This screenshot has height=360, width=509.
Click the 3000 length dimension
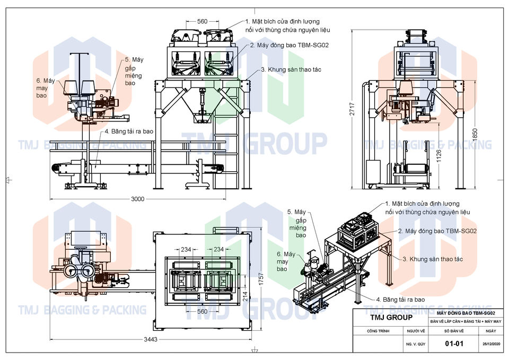tap(138, 199)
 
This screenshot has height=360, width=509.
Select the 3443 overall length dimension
tap(151, 339)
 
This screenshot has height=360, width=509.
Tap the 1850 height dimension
tap(475, 135)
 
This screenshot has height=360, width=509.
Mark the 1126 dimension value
tap(438, 156)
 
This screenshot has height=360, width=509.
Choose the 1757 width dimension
tap(261, 279)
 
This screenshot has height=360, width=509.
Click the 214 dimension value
tap(245, 296)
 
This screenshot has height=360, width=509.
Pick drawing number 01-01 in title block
tap(454, 344)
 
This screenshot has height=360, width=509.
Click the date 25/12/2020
tap(491, 344)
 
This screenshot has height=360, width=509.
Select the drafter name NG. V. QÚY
tap(416, 344)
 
